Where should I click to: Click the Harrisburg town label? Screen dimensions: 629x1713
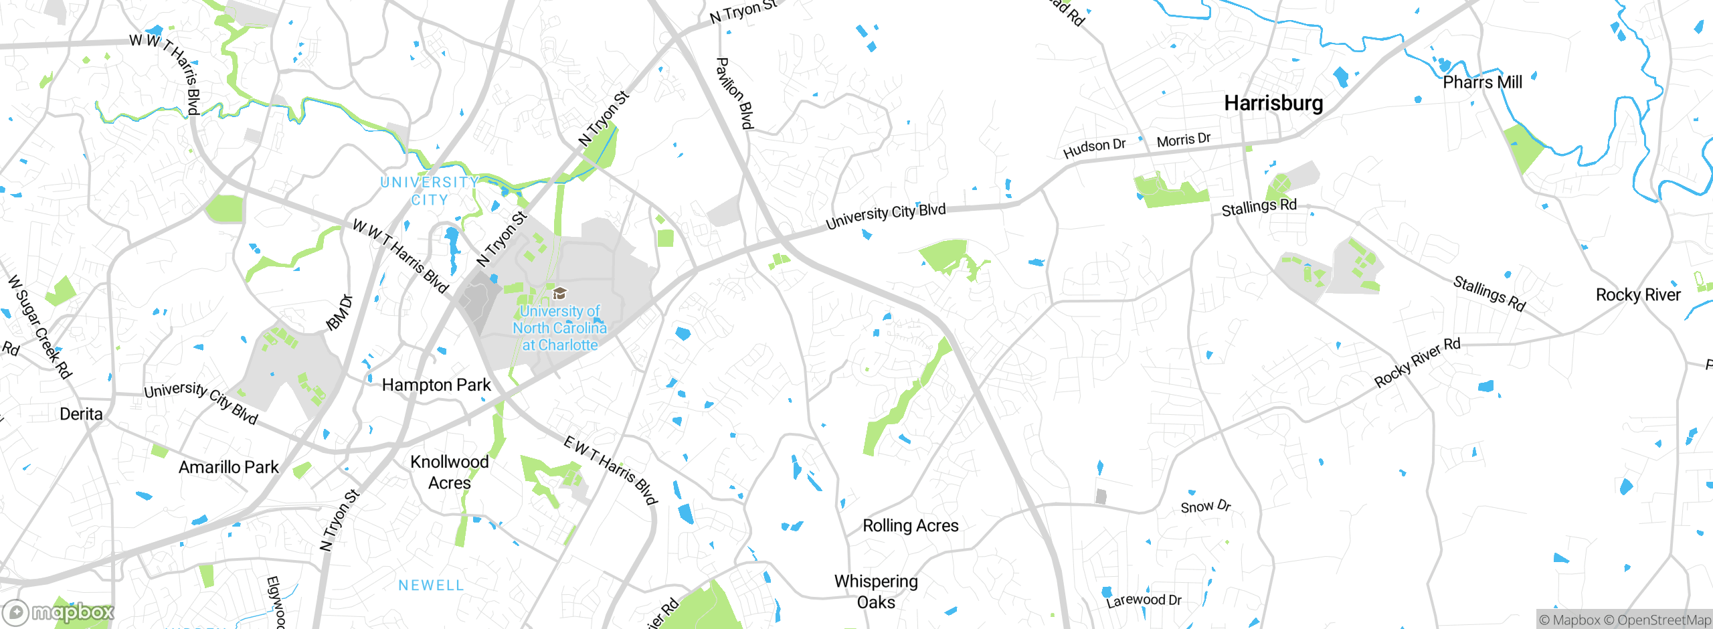1273,103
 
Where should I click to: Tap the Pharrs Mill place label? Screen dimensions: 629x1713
1482,82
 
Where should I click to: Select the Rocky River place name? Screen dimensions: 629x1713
1637,295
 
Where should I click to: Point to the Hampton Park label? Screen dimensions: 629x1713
436,385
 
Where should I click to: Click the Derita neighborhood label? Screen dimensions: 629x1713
81,414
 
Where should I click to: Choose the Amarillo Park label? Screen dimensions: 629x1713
228,467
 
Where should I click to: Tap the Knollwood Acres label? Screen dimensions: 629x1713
450,472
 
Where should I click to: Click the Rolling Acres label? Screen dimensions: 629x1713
910,526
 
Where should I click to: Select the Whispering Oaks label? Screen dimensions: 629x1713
876,592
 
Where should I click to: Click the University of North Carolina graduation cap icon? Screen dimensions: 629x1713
559,293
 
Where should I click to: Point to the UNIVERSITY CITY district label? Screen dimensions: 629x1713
429,191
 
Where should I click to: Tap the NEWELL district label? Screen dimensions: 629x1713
431,586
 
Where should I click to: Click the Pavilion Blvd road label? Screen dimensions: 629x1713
735,93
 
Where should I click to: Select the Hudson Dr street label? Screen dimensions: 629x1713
1094,148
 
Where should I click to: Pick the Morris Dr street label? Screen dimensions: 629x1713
1184,140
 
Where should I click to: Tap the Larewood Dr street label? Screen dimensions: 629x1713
1144,600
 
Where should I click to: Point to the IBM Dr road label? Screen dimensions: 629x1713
339,312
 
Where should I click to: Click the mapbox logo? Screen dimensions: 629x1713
59,612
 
